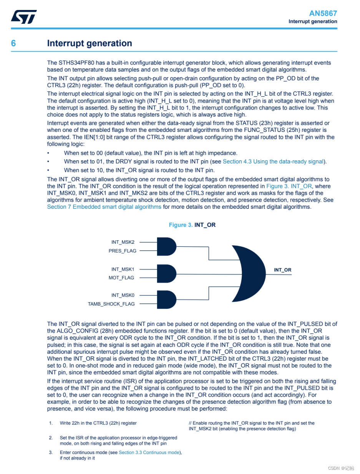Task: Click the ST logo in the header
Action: pos(24,17)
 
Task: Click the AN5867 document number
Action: pos(323,13)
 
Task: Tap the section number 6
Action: pos(13,43)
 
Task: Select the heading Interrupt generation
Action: pos(90,43)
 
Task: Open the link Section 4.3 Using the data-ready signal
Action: pos(273,161)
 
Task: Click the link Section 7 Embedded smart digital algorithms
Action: pos(104,207)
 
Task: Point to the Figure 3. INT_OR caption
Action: pos(192,225)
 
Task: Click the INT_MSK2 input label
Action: pos(123,242)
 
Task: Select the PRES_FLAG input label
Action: pos(122,251)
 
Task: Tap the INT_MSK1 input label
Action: pos(123,269)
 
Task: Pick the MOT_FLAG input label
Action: pos(121,278)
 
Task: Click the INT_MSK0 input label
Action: pos(123,295)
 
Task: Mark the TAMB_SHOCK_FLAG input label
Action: pos(111,304)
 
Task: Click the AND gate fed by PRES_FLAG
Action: pos(166,246)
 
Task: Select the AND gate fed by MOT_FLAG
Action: pos(166,273)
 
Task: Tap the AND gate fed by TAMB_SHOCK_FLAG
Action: pos(166,299)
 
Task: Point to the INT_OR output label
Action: pos(282,270)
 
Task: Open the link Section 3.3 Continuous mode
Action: pos(149,452)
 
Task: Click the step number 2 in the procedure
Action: pos(51,438)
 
